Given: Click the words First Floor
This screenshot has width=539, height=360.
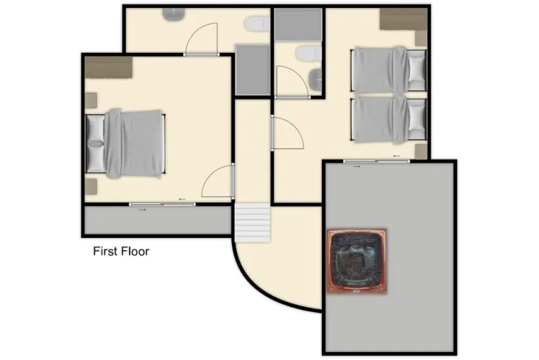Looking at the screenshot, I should tap(121, 251).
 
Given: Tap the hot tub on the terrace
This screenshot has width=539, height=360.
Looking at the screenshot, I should tap(356, 261).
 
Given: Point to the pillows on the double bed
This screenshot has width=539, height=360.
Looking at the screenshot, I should tap(95, 141).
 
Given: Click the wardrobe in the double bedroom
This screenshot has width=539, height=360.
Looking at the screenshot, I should tap(109, 67).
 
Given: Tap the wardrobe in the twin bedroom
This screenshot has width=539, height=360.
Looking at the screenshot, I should tap(403, 19).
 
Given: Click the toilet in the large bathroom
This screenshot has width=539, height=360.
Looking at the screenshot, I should tap(256, 25).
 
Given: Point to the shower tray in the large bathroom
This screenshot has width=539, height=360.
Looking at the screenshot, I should tap(251, 70).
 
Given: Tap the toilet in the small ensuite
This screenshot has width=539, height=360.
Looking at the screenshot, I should tap(307, 52).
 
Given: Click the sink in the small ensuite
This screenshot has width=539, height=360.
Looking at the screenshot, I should tap(314, 77).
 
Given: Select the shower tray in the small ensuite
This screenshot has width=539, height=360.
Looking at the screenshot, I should tap(298, 24).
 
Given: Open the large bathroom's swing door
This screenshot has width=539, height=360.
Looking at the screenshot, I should tap(201, 39).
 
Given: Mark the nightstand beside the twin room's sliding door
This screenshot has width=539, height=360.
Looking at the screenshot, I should tap(420, 151).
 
